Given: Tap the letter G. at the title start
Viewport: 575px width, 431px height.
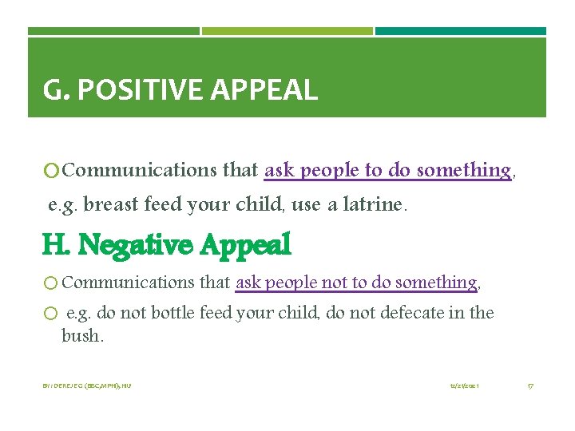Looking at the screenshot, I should [x=57, y=90].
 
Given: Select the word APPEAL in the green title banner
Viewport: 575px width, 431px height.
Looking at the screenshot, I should [x=264, y=90].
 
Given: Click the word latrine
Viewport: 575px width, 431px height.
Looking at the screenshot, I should [x=378, y=205].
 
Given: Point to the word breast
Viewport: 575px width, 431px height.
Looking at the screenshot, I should [x=109, y=205].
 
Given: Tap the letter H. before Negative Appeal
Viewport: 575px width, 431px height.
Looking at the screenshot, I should [x=57, y=244].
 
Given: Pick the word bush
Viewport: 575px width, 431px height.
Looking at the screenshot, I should [x=82, y=336].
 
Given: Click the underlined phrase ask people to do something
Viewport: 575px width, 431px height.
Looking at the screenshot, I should [x=387, y=170].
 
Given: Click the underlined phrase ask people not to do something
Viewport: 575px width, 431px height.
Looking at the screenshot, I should [x=356, y=283].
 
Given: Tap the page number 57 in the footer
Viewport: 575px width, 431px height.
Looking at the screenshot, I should [x=530, y=386].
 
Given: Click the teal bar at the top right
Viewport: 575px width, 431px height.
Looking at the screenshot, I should [x=461, y=32].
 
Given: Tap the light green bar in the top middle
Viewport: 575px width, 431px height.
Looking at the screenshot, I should [x=287, y=32].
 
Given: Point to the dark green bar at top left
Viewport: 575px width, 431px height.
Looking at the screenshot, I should [x=113, y=32].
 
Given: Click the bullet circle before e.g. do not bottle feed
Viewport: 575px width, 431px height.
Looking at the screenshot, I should [x=50, y=314].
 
